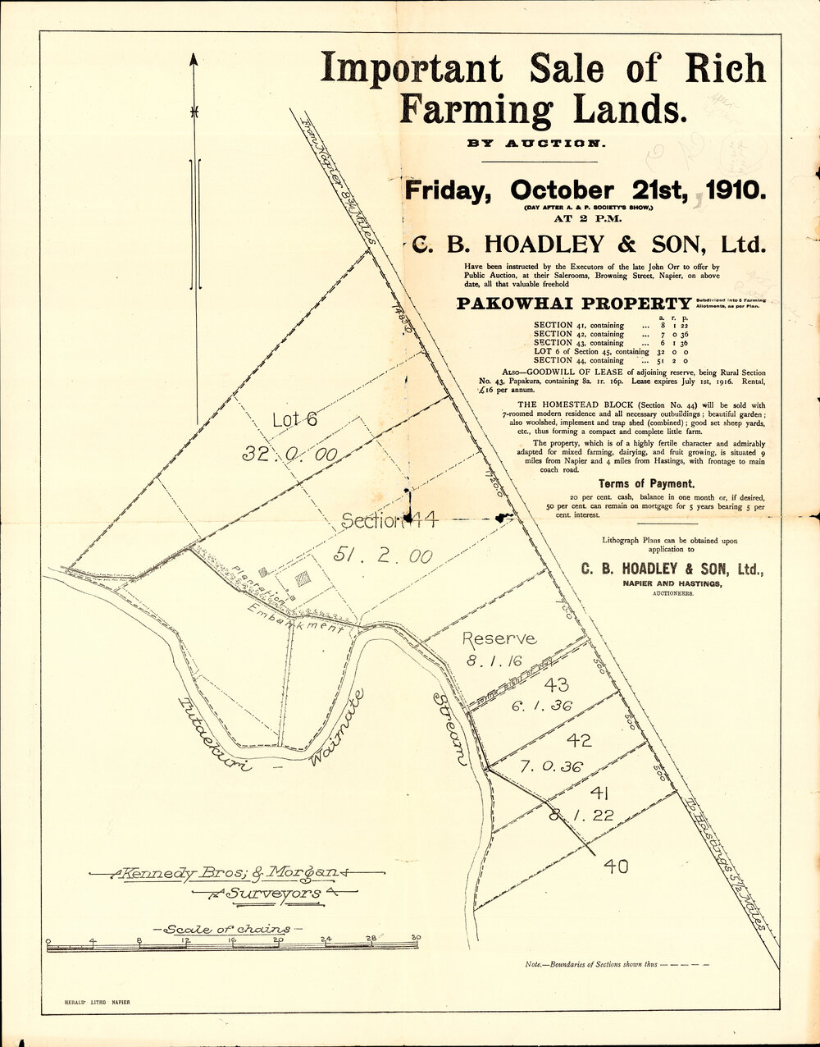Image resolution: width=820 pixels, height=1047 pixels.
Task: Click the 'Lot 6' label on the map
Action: [294, 420]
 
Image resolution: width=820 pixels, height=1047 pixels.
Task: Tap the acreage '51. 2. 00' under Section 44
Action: [383, 556]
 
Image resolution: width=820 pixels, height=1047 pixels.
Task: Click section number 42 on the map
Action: [579, 741]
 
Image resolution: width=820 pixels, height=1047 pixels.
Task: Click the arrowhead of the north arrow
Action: [194, 60]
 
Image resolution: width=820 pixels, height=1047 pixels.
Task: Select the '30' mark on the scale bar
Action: [417, 938]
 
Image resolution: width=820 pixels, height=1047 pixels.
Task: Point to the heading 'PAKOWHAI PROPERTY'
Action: [573, 303]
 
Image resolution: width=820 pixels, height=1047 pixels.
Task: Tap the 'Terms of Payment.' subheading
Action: [646, 484]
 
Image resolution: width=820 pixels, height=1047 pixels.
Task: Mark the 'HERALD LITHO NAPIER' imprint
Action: [97, 1003]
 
